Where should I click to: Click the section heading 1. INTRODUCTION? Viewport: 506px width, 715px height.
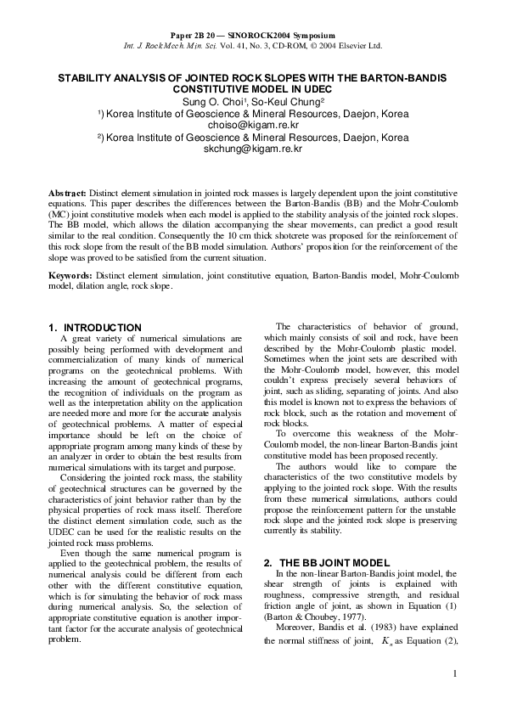point(95,327)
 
